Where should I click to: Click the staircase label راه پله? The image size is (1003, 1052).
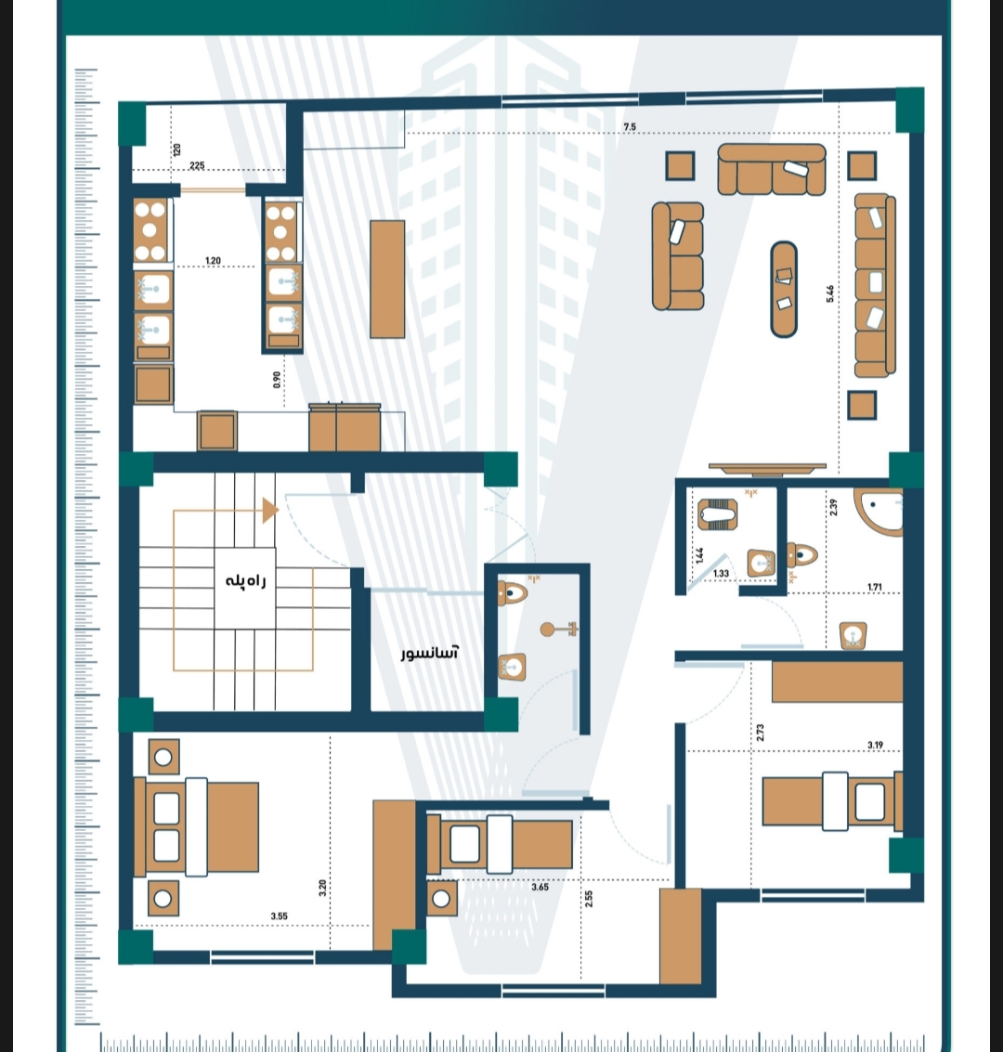point(245,581)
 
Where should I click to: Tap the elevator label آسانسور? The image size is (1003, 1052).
point(429,652)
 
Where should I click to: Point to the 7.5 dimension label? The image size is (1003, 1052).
point(630,127)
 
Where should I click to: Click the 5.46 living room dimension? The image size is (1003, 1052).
point(830,293)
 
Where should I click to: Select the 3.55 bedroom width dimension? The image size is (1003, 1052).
point(280,916)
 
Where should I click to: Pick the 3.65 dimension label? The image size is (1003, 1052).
point(541,887)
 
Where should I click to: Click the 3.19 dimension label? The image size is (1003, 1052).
point(875,745)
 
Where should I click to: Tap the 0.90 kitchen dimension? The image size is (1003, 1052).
point(277,381)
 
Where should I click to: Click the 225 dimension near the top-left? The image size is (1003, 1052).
point(197,165)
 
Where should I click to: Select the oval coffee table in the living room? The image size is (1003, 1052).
point(784,289)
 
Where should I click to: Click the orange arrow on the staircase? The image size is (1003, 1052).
point(270,511)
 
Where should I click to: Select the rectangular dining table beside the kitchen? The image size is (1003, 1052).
point(387,279)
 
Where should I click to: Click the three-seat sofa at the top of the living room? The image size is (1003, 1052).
point(772,170)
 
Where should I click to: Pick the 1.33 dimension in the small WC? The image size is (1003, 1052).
point(722,574)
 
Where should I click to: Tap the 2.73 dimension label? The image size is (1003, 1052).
point(760,733)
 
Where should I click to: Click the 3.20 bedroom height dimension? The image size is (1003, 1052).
point(322,888)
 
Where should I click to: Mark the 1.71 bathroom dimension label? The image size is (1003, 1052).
point(875,587)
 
